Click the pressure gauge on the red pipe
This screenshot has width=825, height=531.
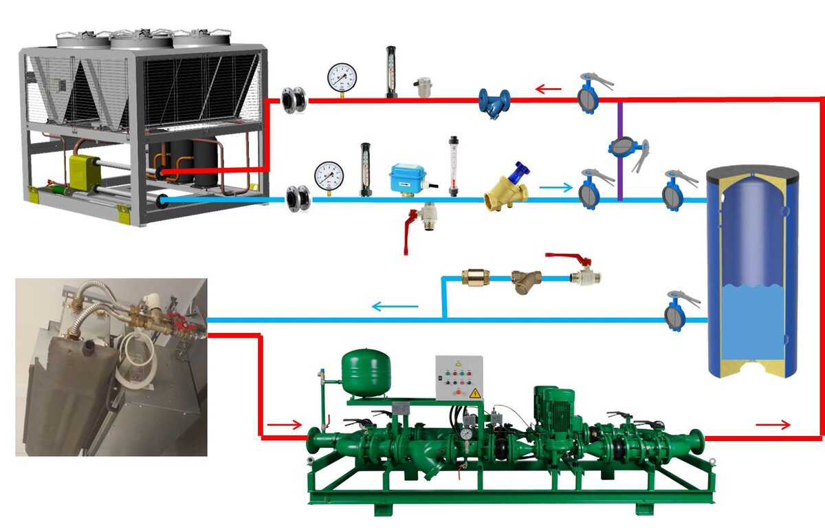342,77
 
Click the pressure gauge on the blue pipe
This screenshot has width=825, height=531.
328,175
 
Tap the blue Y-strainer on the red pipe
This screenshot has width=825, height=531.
494,102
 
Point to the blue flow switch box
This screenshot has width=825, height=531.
408,179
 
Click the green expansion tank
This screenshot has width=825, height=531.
366,372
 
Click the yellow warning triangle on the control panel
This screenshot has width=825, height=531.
474,393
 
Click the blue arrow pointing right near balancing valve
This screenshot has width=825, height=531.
555,186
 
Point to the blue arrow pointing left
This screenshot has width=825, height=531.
395,306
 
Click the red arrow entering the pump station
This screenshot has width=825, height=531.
284,424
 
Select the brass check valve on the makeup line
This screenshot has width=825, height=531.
474,277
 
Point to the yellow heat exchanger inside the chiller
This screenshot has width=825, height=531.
85,170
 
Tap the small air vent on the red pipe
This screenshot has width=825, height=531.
421,87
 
